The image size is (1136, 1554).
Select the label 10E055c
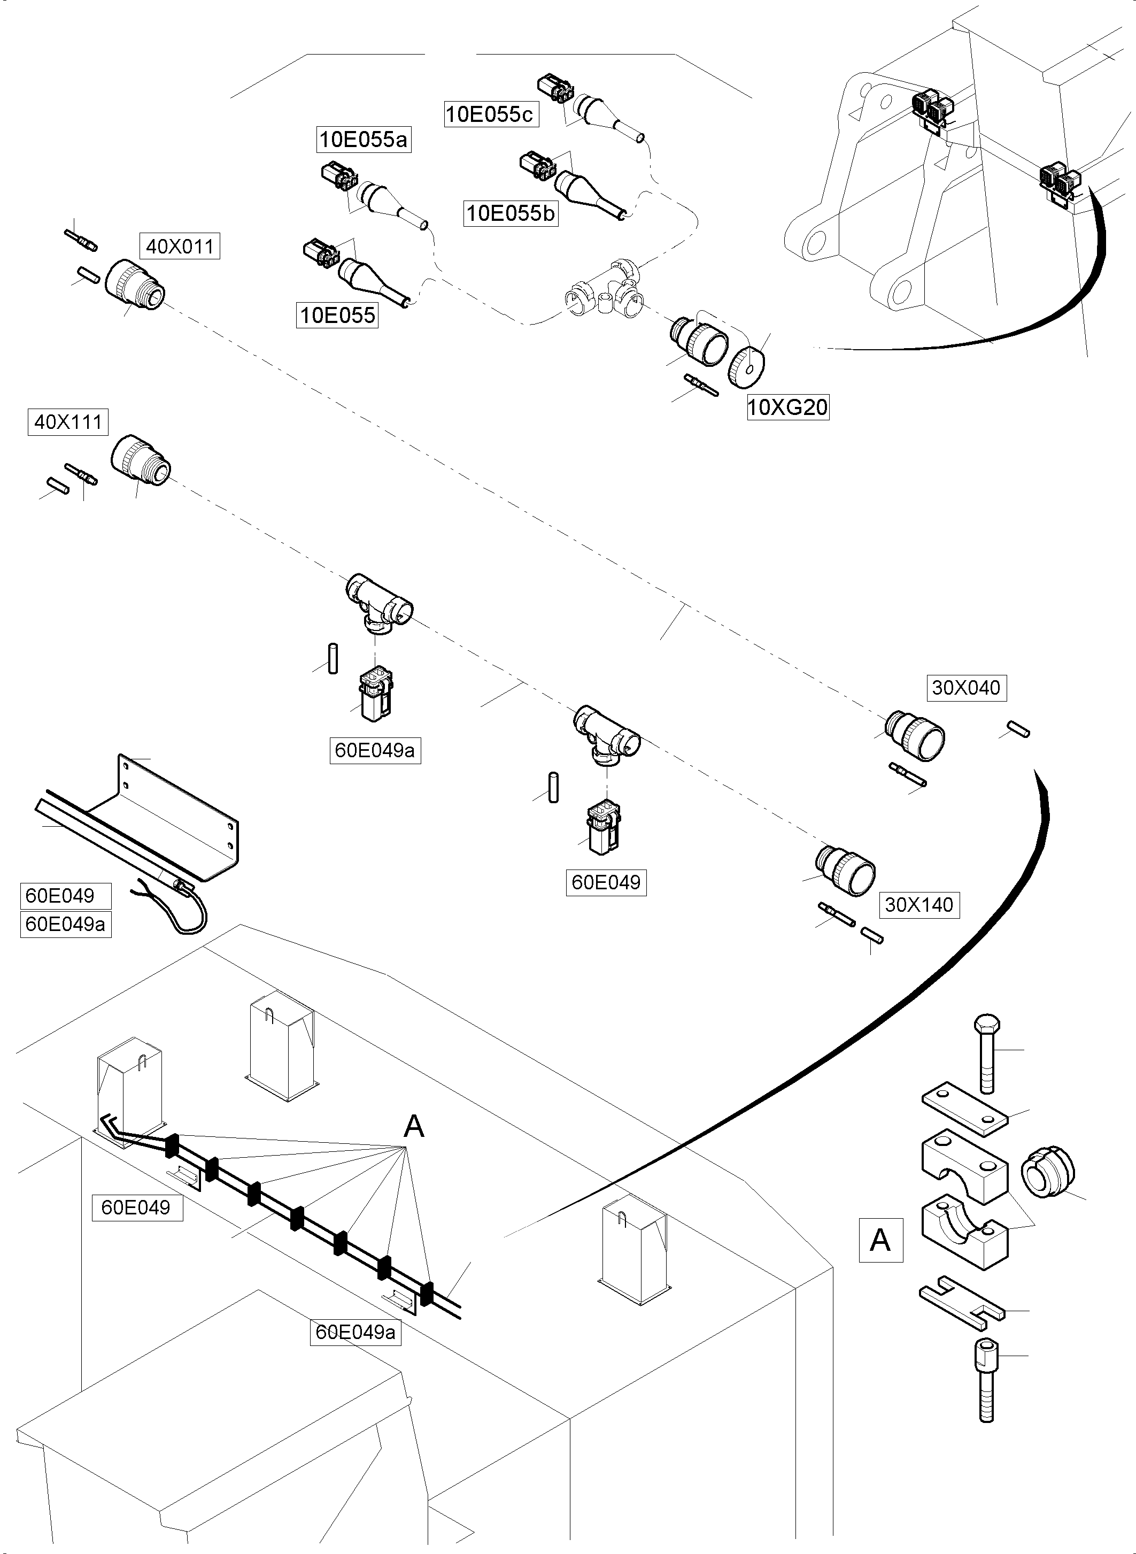490,114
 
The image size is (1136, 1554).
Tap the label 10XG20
787,407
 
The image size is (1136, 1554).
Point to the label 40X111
68,422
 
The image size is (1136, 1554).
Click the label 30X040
965,687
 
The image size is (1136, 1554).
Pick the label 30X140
919,905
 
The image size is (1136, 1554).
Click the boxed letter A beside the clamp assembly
880,1240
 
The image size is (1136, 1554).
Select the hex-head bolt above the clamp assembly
987,1052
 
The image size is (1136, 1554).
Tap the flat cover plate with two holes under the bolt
965,1107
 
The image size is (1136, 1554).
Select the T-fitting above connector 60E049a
379,602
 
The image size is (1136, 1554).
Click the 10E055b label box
510,213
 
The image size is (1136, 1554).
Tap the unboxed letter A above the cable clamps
413,1127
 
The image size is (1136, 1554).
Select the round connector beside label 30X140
846,870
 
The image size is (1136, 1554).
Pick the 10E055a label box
363,140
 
